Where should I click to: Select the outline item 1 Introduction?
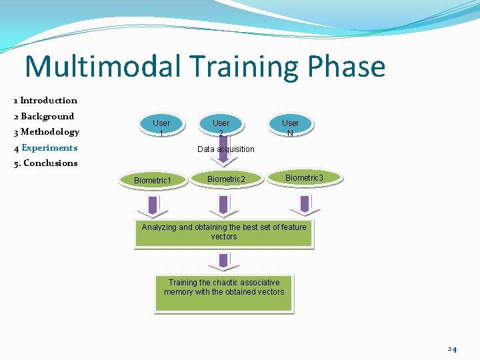[x=45, y=101]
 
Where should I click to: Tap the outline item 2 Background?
[x=44, y=116]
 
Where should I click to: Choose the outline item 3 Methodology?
[x=47, y=131]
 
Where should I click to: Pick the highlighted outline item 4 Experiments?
[x=45, y=147]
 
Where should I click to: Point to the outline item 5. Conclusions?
[x=45, y=163]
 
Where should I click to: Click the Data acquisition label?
[x=226, y=149]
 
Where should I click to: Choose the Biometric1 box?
[x=153, y=180]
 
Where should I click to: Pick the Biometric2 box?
[x=226, y=179]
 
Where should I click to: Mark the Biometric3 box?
[x=304, y=177]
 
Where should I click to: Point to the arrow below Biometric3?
[x=304, y=205]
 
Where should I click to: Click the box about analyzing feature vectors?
[x=224, y=233]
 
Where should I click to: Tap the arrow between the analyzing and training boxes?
[x=224, y=260]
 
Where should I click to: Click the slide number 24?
[x=452, y=349]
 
